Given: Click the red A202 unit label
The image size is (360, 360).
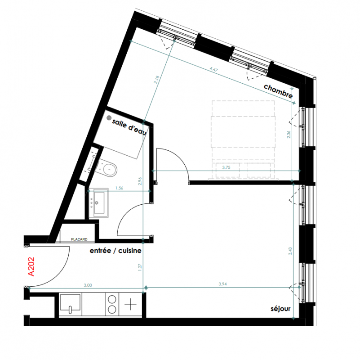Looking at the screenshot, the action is (x=31, y=266).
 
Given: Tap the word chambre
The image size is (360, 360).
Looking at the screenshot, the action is (x=278, y=91).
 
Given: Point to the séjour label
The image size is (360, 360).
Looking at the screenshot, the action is (x=280, y=309).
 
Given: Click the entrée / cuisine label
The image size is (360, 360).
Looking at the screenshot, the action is (x=116, y=251).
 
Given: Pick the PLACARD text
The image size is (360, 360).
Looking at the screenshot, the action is (x=79, y=239).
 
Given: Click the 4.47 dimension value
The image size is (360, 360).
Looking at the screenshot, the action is (x=213, y=69).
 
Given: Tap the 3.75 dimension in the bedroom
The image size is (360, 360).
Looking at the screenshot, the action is (x=226, y=167).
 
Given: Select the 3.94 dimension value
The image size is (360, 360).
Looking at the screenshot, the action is (x=222, y=284).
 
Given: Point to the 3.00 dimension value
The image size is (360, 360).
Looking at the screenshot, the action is (x=88, y=285).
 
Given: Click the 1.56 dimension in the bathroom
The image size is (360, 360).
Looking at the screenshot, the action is (x=119, y=188).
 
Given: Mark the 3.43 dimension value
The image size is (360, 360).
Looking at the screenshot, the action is (x=290, y=251).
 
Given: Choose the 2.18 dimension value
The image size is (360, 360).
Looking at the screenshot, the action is (x=157, y=80).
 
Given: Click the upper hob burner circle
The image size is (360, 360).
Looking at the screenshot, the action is (x=112, y=300).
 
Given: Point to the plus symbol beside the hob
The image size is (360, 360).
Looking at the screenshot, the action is (x=130, y=304).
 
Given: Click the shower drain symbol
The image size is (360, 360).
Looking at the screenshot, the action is (x=109, y=118).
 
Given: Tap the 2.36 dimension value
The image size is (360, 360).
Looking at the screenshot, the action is (x=289, y=134).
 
